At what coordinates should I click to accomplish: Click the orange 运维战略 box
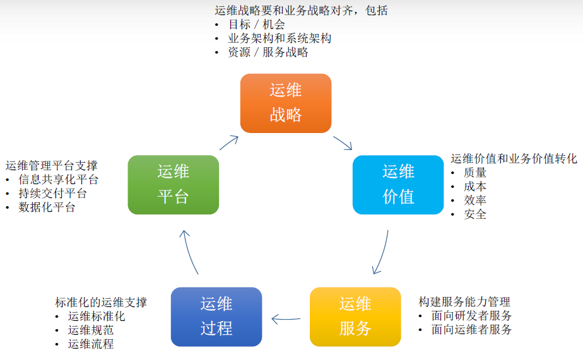click(286, 103)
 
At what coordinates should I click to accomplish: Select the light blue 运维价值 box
click(398, 184)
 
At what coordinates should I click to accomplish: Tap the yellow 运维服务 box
click(355, 316)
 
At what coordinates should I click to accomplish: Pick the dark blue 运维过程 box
click(216, 316)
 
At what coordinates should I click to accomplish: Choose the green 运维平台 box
click(174, 184)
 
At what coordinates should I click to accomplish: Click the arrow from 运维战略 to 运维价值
click(343, 142)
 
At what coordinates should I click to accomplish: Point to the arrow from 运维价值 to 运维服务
click(382, 252)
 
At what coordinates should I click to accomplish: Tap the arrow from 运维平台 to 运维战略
click(229, 142)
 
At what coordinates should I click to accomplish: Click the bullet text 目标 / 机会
click(256, 25)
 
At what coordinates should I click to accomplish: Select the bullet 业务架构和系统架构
click(280, 38)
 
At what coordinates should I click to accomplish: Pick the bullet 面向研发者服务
click(471, 316)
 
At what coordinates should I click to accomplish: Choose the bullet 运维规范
click(91, 330)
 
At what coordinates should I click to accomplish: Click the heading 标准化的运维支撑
click(101, 302)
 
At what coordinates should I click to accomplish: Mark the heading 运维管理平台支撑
click(52, 166)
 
